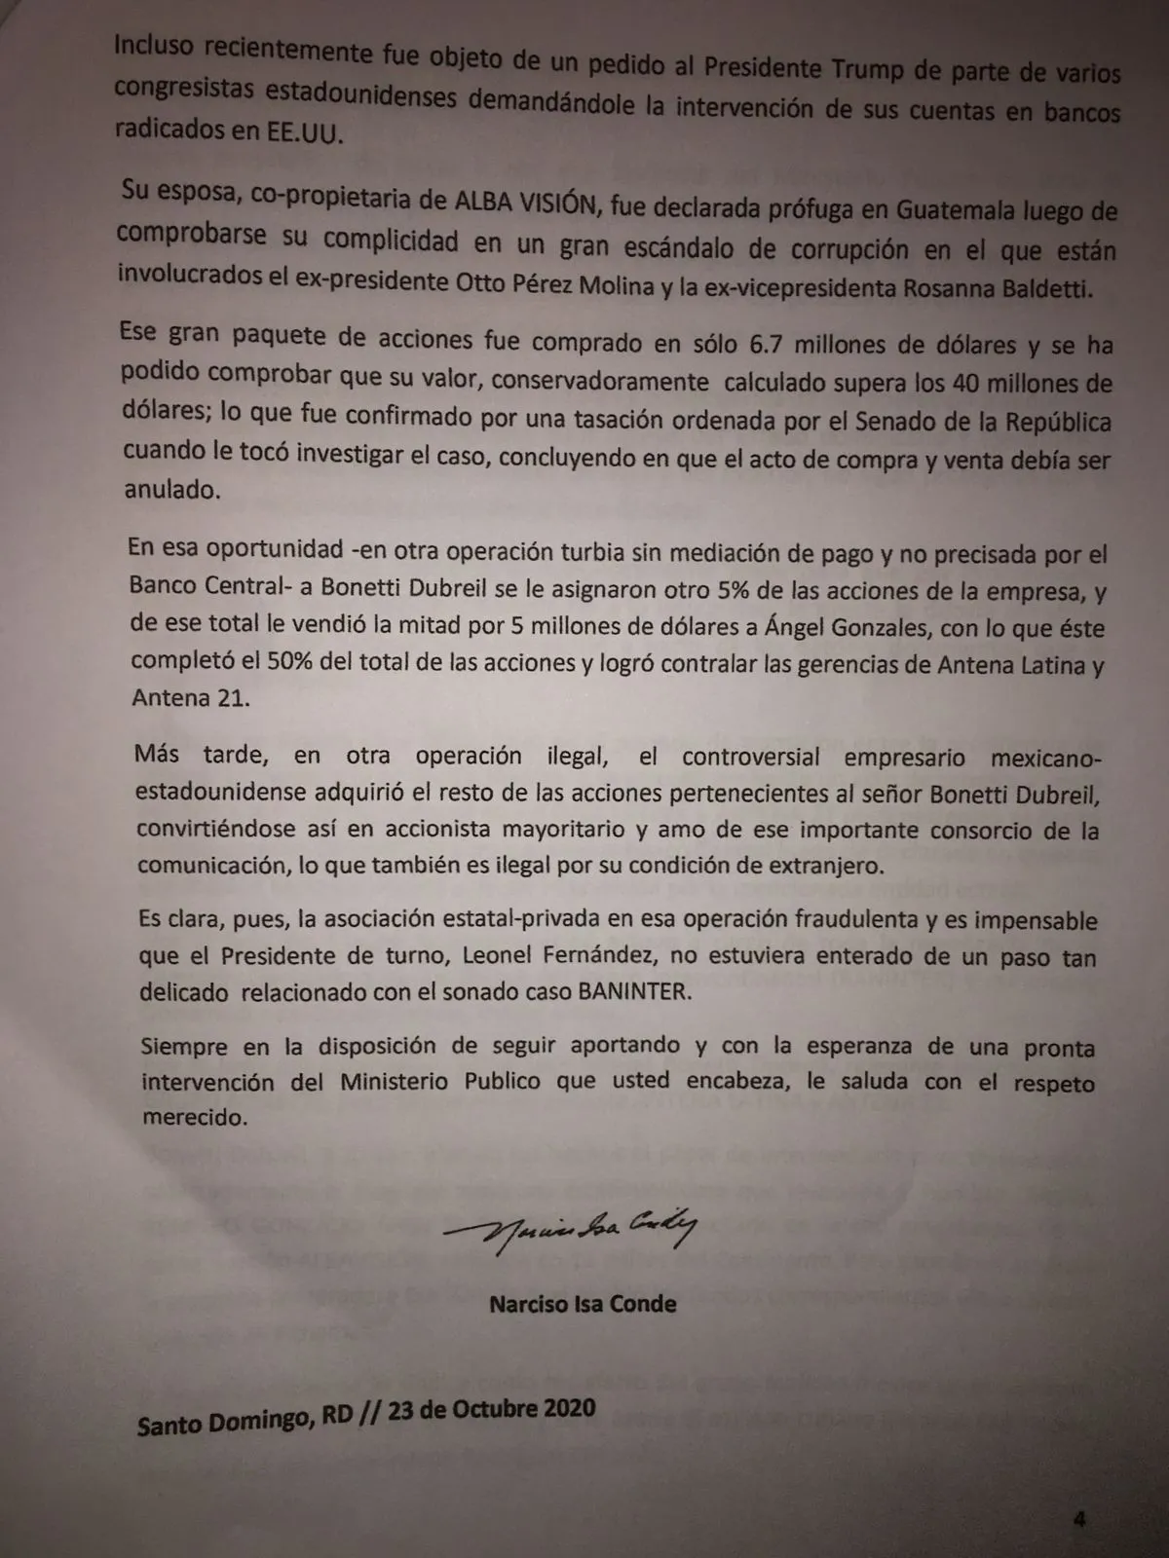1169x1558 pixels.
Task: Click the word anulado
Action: [x=172, y=489]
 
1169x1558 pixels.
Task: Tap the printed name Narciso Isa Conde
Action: [x=583, y=1304]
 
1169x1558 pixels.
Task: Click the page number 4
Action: [x=1078, y=1518]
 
